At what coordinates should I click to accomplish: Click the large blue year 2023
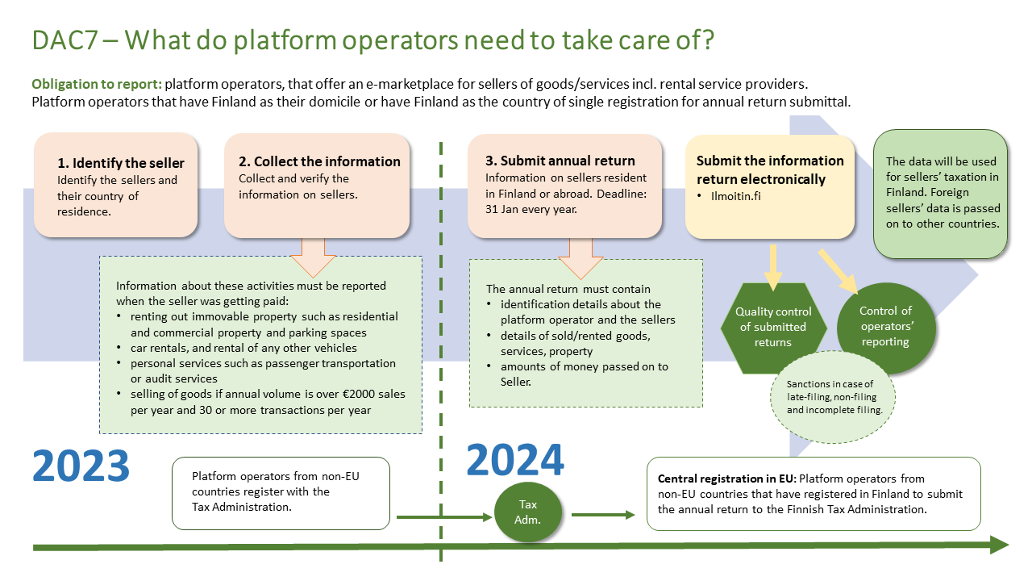pyautogui.click(x=81, y=466)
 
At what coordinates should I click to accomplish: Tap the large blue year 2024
pyautogui.click(x=515, y=460)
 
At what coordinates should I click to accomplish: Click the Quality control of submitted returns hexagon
pyautogui.click(x=773, y=327)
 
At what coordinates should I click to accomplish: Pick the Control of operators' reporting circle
pyautogui.click(x=884, y=326)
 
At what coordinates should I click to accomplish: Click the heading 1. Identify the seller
pyautogui.click(x=121, y=163)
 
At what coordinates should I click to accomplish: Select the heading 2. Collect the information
pyautogui.click(x=320, y=161)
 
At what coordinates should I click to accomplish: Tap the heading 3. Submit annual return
pyautogui.click(x=560, y=161)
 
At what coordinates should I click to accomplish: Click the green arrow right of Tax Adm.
pyautogui.click(x=603, y=515)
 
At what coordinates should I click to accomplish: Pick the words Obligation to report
pyautogui.click(x=96, y=85)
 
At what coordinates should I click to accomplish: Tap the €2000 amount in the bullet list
pyautogui.click(x=354, y=394)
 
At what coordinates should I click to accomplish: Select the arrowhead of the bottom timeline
pyautogui.click(x=999, y=546)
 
